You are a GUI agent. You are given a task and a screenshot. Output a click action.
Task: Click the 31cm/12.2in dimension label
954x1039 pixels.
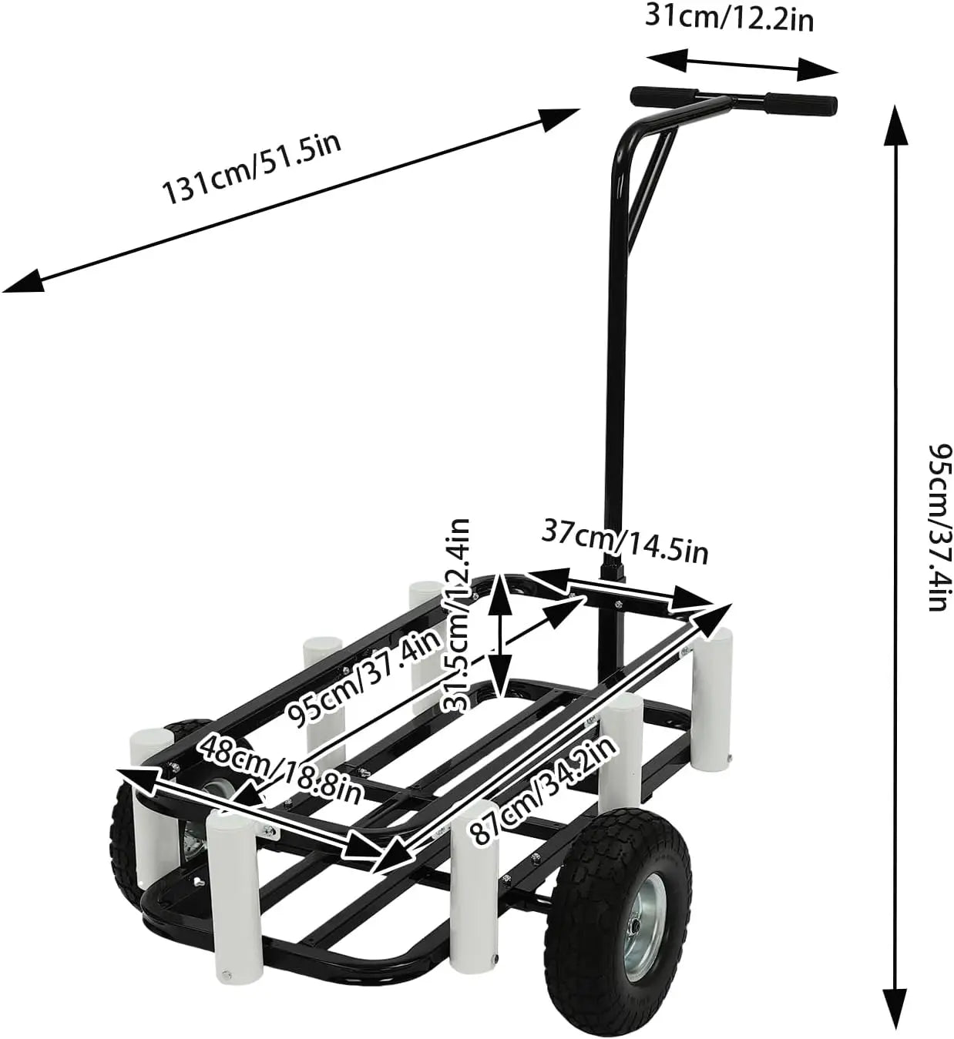point(728,17)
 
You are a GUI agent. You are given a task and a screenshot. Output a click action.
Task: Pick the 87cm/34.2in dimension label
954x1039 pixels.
point(542,789)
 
